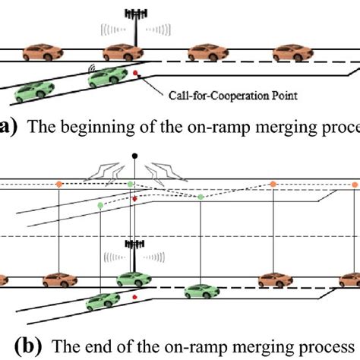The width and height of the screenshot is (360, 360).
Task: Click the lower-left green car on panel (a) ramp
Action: click(x=33, y=92)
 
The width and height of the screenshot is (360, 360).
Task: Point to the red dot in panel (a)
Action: click(x=135, y=73)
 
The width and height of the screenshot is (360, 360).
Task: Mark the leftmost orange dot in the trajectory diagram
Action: click(x=57, y=184)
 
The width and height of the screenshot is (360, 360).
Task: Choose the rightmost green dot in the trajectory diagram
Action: click(x=201, y=197)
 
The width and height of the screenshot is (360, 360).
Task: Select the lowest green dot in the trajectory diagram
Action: click(x=101, y=205)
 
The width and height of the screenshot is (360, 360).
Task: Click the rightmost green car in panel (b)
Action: click(x=200, y=289)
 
